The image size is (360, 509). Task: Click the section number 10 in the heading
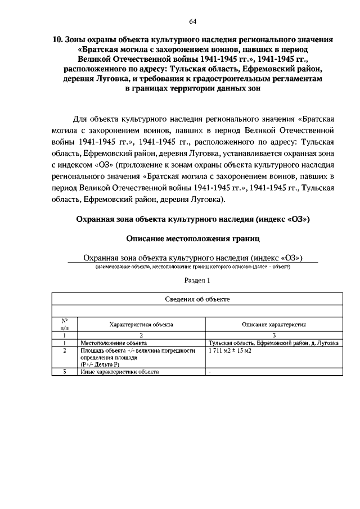tap(56, 40)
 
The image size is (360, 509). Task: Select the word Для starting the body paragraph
tap(82, 119)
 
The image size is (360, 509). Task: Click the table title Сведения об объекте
tap(196, 299)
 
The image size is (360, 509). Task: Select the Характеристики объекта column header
tap(141, 325)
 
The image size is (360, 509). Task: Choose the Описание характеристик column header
tap(273, 325)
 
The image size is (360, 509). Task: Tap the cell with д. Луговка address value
tap(273, 342)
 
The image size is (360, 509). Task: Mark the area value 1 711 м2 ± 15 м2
tap(229, 350)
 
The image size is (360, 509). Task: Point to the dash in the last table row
tap(209, 372)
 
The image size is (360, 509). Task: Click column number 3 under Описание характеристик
tap(273, 335)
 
